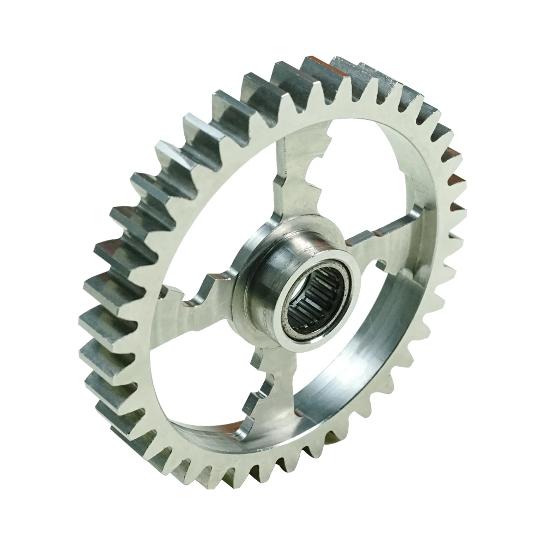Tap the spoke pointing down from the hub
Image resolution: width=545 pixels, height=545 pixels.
[272, 381]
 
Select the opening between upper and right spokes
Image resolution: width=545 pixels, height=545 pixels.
[360, 180]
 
